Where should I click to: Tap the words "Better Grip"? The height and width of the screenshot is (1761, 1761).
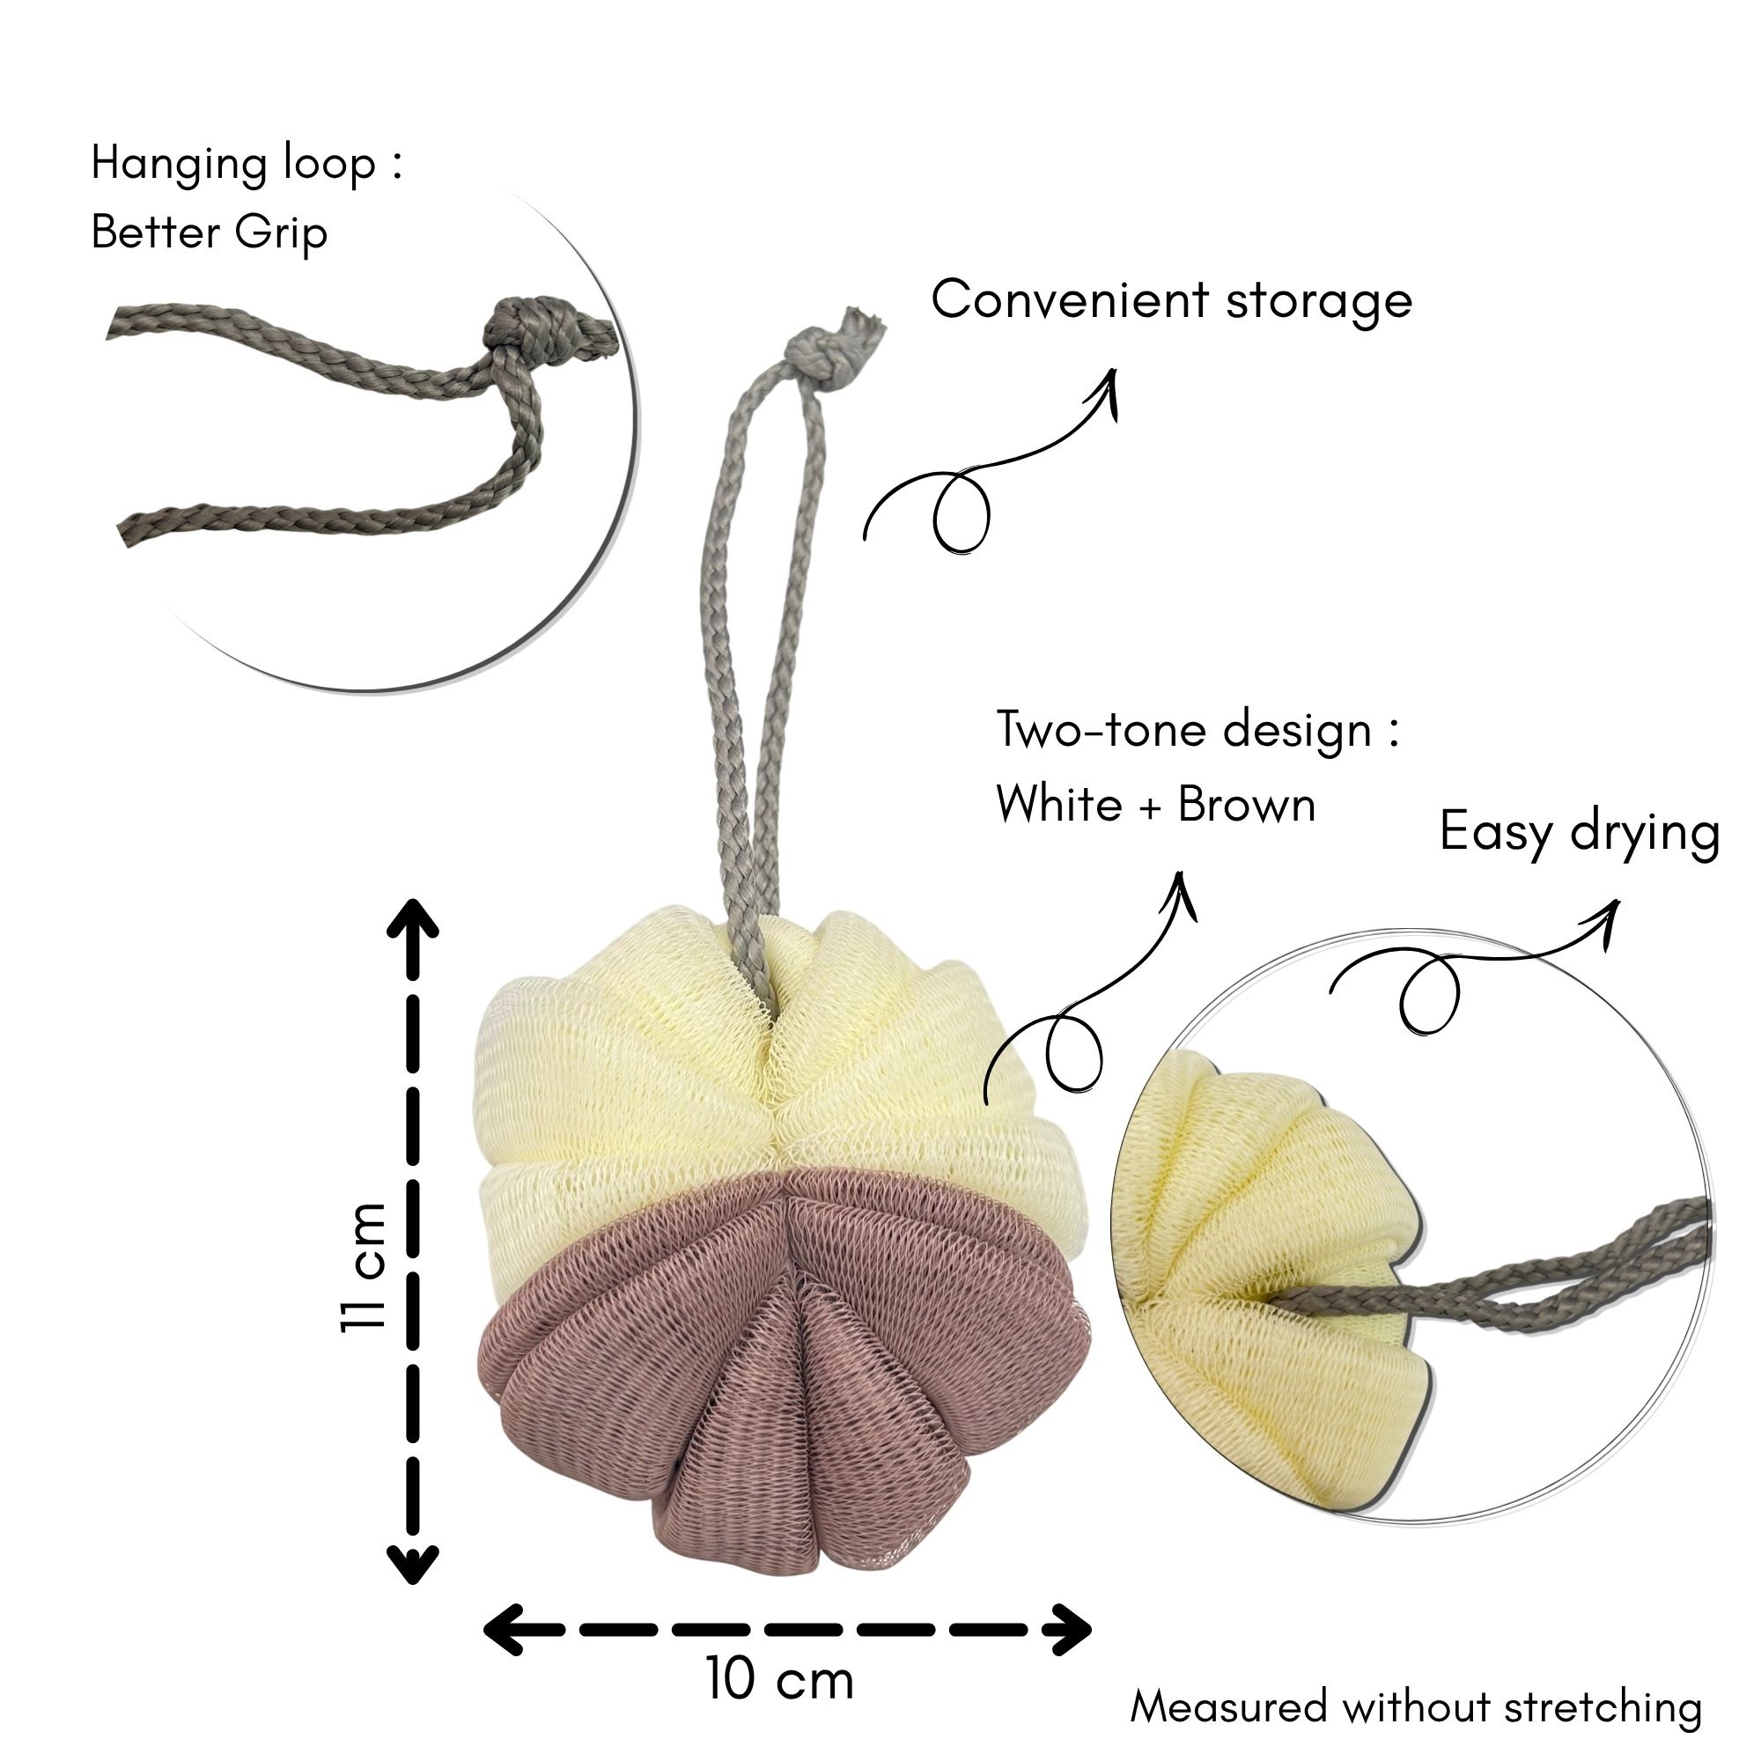[x=209, y=234]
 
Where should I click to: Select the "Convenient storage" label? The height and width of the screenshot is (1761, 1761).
[x=1171, y=302]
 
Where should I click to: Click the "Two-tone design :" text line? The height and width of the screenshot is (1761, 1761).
[x=1197, y=731]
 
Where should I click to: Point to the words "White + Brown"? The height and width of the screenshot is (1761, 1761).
[x=1156, y=806]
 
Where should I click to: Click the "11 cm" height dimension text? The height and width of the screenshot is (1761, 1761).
[x=364, y=1267]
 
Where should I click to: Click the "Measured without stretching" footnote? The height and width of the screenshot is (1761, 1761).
[x=1417, y=1706]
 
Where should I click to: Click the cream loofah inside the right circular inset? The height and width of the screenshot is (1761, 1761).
[x=1267, y=1294]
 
